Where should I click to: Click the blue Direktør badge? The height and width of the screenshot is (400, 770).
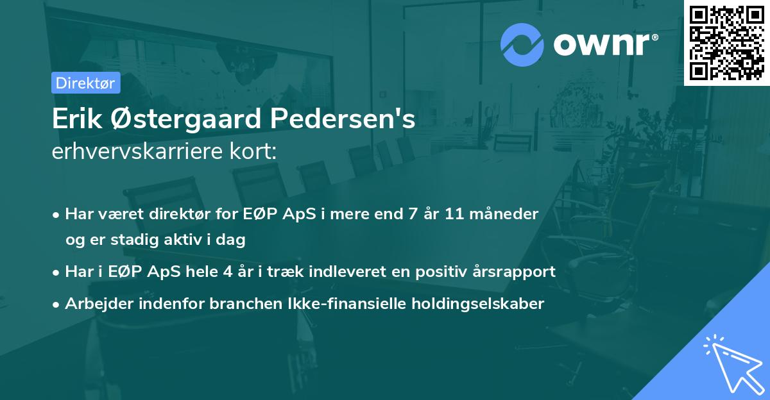[85, 83]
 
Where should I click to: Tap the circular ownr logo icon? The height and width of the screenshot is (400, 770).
[522, 45]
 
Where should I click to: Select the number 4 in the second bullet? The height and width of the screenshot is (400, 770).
[227, 271]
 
